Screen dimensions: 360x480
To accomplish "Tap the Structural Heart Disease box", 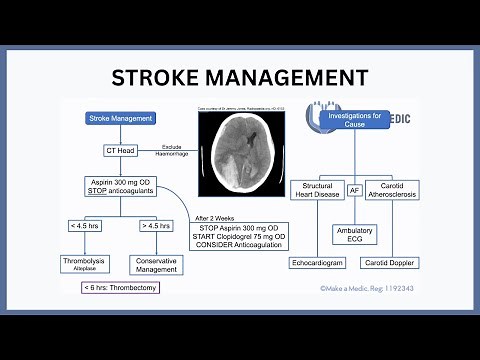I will [316, 189].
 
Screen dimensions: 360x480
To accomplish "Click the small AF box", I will [354, 189].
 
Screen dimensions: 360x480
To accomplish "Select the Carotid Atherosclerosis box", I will [391, 189].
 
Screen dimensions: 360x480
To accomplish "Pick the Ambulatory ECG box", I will [354, 235].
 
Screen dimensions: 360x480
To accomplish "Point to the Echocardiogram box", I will [316, 263].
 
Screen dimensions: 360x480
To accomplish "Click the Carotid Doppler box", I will [391, 263].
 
